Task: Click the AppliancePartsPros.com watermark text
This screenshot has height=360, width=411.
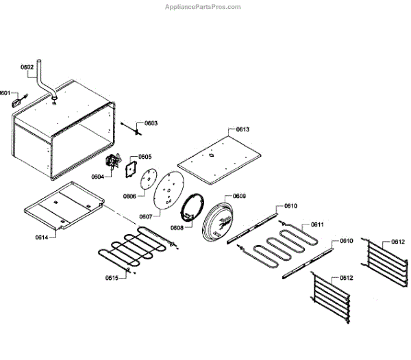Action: click(x=203, y=7)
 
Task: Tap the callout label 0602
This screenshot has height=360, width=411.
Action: click(x=27, y=67)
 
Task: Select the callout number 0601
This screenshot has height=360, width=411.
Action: click(x=5, y=93)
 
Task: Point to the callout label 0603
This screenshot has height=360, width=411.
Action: click(x=151, y=123)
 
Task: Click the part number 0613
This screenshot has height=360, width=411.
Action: click(x=242, y=129)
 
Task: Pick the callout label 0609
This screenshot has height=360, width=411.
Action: click(x=239, y=196)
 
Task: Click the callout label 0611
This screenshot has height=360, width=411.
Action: click(x=317, y=224)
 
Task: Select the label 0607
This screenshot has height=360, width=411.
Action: click(x=146, y=216)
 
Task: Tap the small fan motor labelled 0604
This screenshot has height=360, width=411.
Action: click(x=110, y=164)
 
